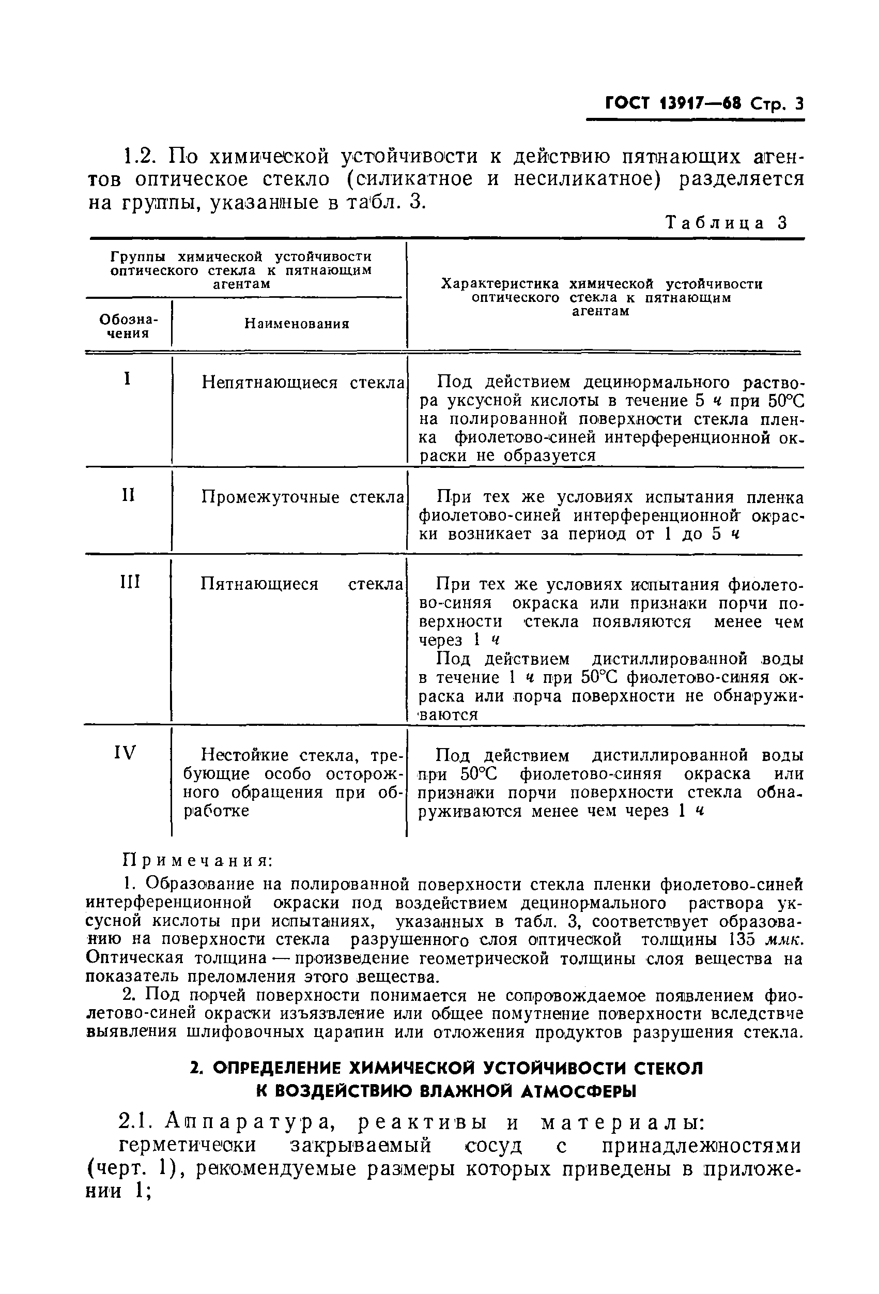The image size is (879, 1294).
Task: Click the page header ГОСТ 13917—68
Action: coord(672,104)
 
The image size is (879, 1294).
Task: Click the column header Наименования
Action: coord(297,324)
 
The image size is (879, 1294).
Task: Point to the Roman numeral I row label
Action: coord(128,380)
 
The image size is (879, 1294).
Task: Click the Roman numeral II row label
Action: coord(128,495)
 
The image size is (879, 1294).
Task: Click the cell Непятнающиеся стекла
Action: coord(302,383)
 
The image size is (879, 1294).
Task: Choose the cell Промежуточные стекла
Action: coord(302,497)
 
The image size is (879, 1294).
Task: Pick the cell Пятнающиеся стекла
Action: coord(301,584)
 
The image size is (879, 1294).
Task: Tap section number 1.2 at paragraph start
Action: coord(138,157)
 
